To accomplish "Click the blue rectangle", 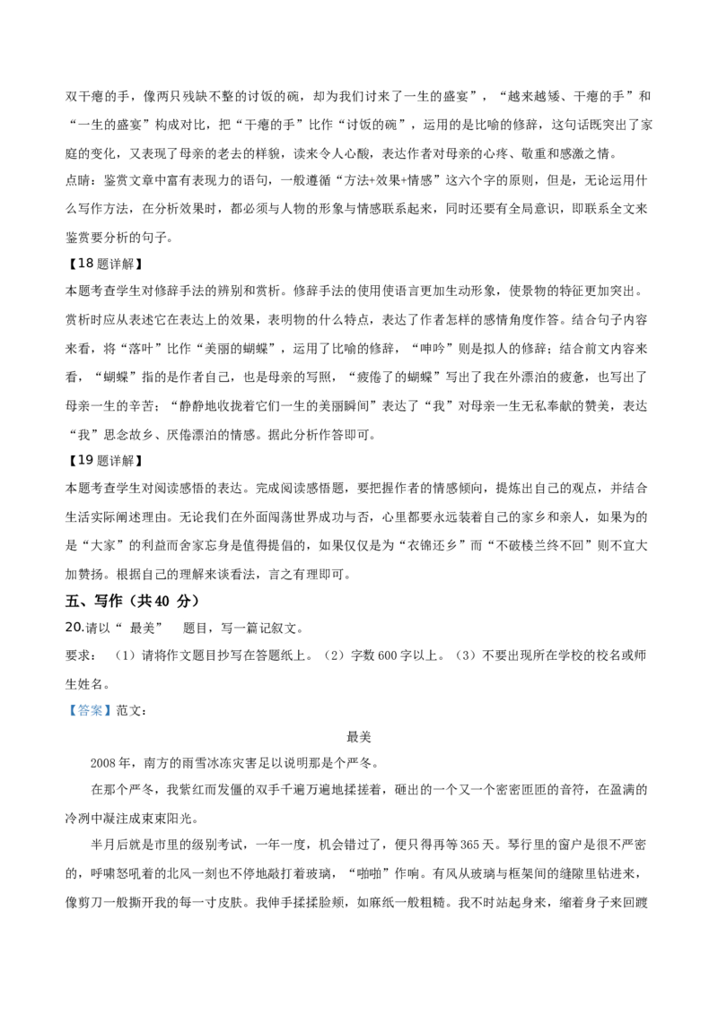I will [x=90, y=710].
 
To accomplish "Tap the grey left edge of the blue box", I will [x=66, y=710].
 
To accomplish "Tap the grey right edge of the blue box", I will [x=113, y=710].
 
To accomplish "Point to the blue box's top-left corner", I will [x=66, y=704].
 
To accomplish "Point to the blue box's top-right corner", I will [x=114, y=704].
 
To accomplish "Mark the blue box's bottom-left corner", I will [x=66, y=716].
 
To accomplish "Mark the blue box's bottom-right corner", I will [x=114, y=716].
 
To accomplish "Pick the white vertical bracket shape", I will [x=183, y=627].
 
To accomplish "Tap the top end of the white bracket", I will [x=183, y=618].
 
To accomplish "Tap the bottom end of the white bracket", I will [x=183, y=637].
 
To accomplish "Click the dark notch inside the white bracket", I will [x=184, y=627].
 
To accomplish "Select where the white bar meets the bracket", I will [x=180, y=634].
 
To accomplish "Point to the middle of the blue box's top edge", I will [x=90, y=704].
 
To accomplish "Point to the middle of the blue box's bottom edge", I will [x=90, y=716].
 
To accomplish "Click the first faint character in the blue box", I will [x=74, y=710].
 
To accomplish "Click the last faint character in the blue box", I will [x=106, y=710].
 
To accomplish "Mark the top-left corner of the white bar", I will [x=165, y=631].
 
